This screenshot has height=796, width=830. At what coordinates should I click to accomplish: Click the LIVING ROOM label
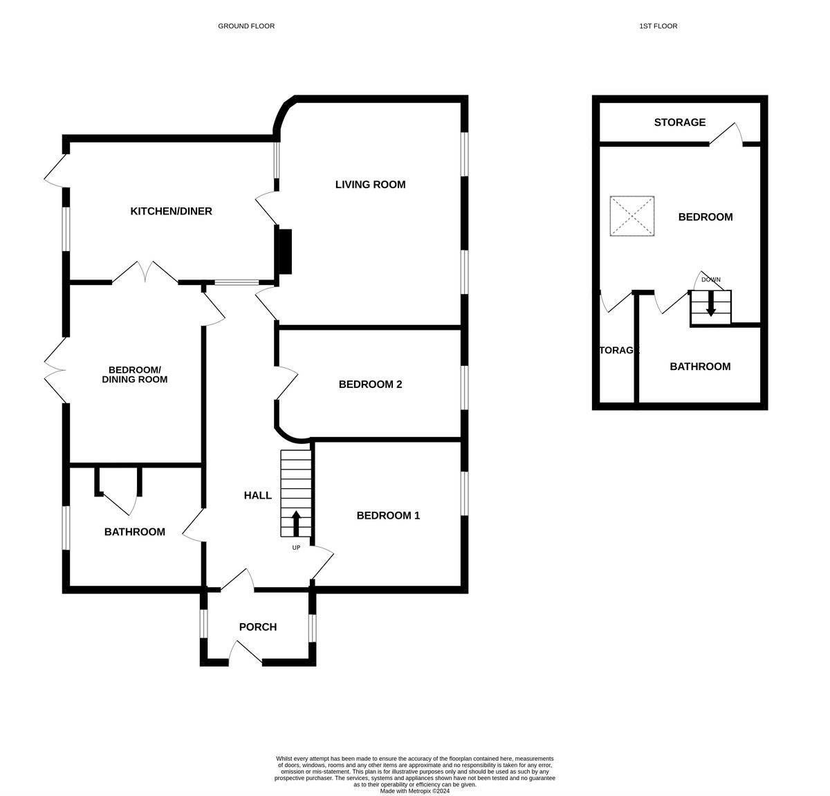(370, 185)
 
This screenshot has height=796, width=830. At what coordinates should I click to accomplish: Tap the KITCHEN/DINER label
(171, 211)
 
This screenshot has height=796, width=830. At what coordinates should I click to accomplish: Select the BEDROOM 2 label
(370, 385)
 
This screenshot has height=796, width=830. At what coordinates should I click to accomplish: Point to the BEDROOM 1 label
(388, 515)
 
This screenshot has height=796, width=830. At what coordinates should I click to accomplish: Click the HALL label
(257, 495)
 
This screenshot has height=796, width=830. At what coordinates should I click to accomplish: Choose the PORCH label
(257, 627)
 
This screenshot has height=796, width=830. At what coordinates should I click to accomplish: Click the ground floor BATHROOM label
(134, 532)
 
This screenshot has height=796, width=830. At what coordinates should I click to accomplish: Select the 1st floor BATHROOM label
(700, 367)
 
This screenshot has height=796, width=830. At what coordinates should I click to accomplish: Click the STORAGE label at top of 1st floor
(679, 122)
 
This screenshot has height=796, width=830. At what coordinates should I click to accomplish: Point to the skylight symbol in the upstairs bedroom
(632, 216)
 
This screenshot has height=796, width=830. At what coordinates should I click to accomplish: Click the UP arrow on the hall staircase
(296, 524)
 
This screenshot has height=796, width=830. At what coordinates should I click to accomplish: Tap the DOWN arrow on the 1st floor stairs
(710, 306)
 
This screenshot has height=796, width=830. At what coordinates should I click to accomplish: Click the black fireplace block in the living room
(284, 251)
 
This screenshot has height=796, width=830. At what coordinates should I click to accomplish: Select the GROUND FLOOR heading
(246, 26)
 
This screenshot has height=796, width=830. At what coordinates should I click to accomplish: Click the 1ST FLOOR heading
(658, 26)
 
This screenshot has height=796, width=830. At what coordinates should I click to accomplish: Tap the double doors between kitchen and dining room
(145, 273)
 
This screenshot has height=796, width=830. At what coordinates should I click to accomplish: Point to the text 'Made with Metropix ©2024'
(414, 791)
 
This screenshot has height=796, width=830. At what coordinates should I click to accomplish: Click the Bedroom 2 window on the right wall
(464, 388)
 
